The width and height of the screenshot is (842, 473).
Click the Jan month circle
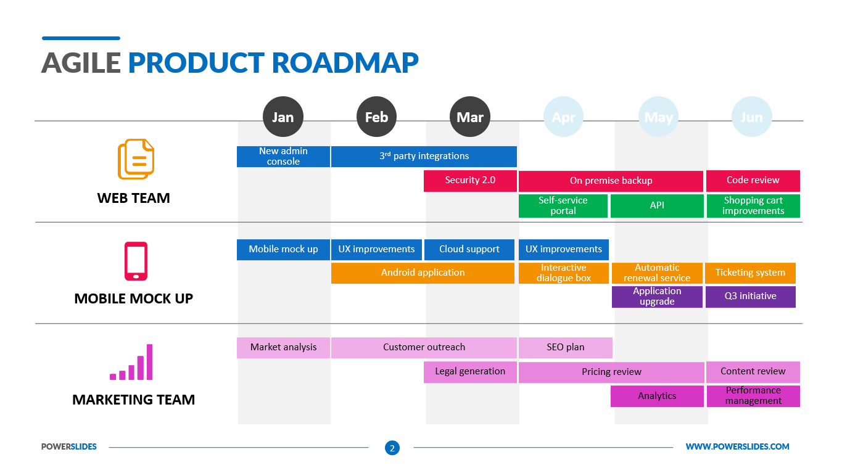point(283,117)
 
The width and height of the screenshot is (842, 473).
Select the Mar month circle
point(470,117)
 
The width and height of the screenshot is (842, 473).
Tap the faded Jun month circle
point(751,117)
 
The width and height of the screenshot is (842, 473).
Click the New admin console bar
point(283,157)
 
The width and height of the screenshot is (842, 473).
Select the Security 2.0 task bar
point(470,181)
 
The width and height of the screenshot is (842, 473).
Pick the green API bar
point(657,206)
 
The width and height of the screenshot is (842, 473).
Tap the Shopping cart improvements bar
point(753,206)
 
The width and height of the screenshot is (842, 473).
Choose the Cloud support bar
point(469,250)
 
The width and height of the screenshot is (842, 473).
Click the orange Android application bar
point(423,273)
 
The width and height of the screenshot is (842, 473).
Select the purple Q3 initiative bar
point(751,297)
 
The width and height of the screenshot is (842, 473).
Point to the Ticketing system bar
point(750,273)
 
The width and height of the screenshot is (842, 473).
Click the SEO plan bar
point(565,348)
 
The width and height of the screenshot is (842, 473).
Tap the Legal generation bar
point(470,372)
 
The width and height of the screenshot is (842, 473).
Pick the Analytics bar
point(657,397)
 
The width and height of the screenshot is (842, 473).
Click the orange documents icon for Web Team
point(136,159)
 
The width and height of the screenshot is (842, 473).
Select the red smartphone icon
point(136,261)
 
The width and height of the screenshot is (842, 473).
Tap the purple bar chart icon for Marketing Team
point(131,363)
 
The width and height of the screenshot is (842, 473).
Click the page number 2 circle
point(392,448)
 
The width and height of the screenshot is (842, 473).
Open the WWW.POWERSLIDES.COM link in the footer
point(737,447)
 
